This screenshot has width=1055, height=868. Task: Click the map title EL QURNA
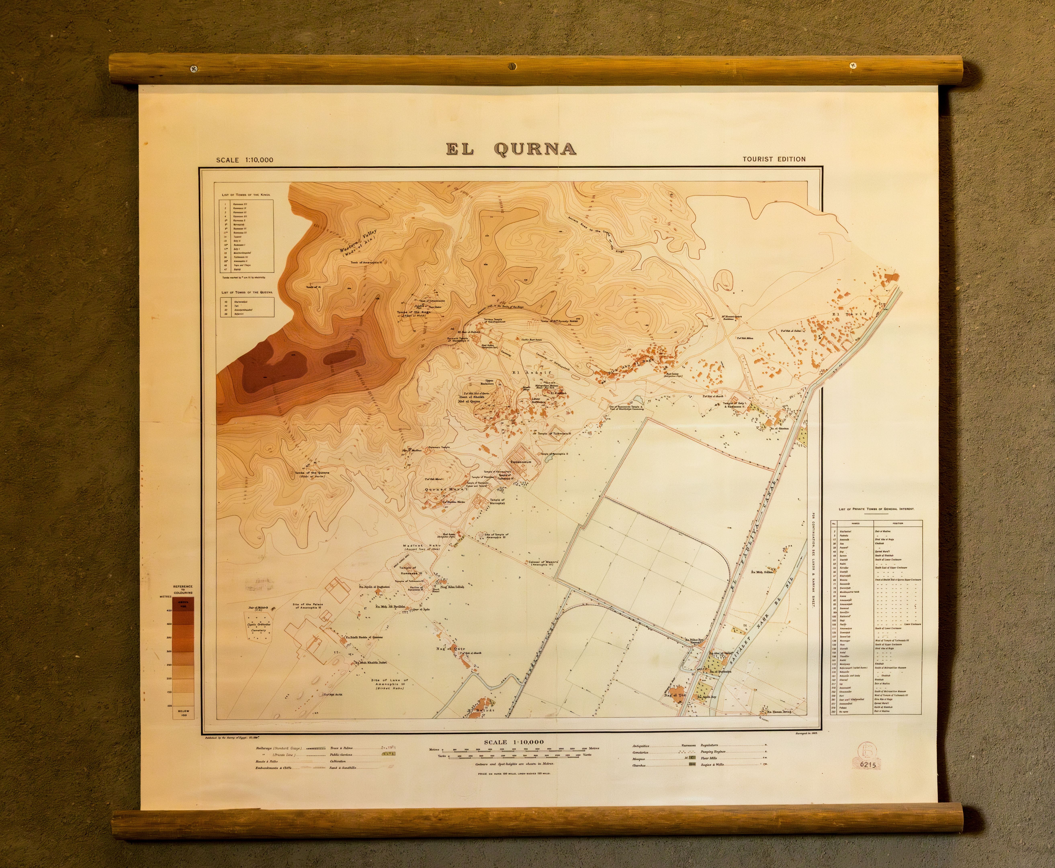[511, 149]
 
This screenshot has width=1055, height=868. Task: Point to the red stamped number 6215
[868, 765]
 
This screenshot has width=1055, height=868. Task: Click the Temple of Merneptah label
[497, 502]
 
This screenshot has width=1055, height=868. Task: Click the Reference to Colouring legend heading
[183, 589]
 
